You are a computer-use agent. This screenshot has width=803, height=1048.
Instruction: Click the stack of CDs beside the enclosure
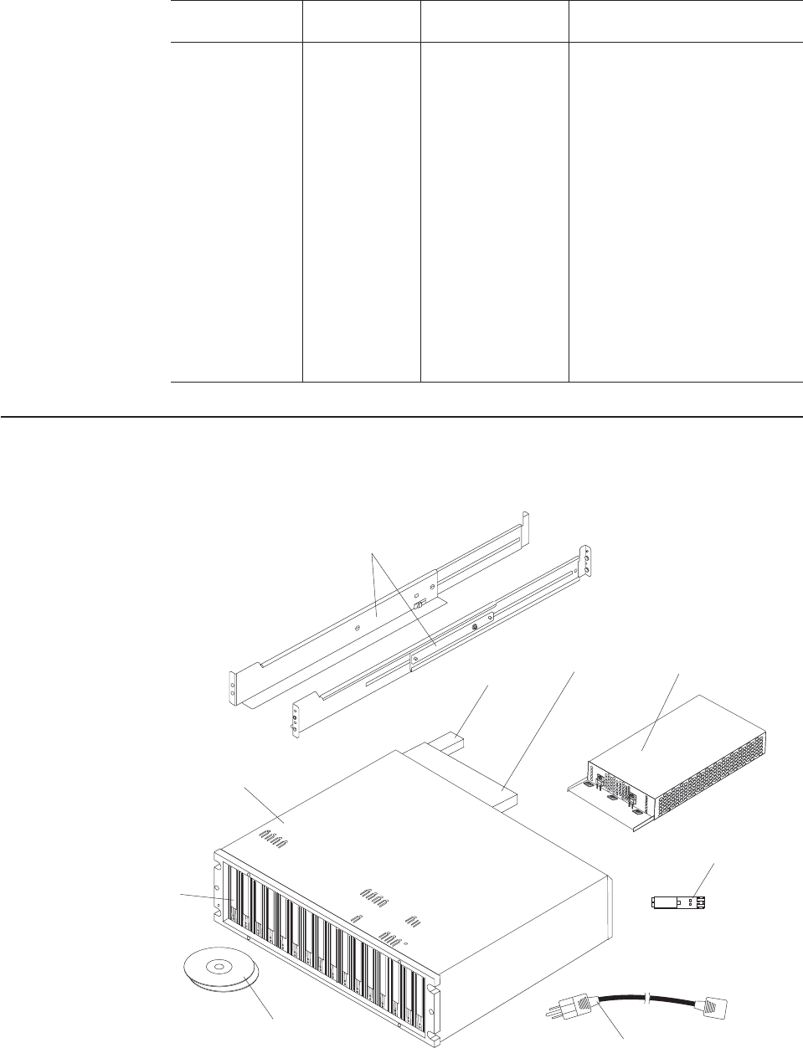click(x=221, y=976)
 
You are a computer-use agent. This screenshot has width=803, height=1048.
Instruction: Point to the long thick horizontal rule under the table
click(x=401, y=416)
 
